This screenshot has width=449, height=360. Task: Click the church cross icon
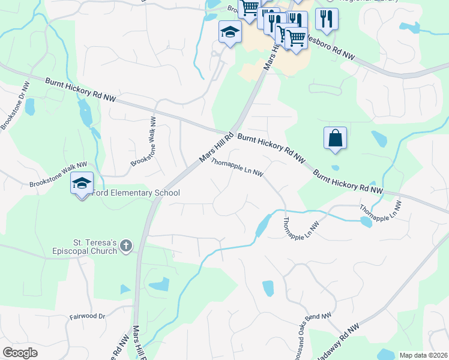point(125,245)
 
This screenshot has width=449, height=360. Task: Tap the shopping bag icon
point(336,138)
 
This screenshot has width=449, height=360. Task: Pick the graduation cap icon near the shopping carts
point(230,32)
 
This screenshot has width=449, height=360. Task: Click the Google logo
point(20,352)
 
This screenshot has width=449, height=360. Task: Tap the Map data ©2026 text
point(423,355)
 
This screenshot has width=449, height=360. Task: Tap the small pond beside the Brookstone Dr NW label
point(29,106)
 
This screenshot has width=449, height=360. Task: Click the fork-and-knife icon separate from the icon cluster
point(327,19)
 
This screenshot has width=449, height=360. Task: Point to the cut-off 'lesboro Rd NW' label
point(331,49)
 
